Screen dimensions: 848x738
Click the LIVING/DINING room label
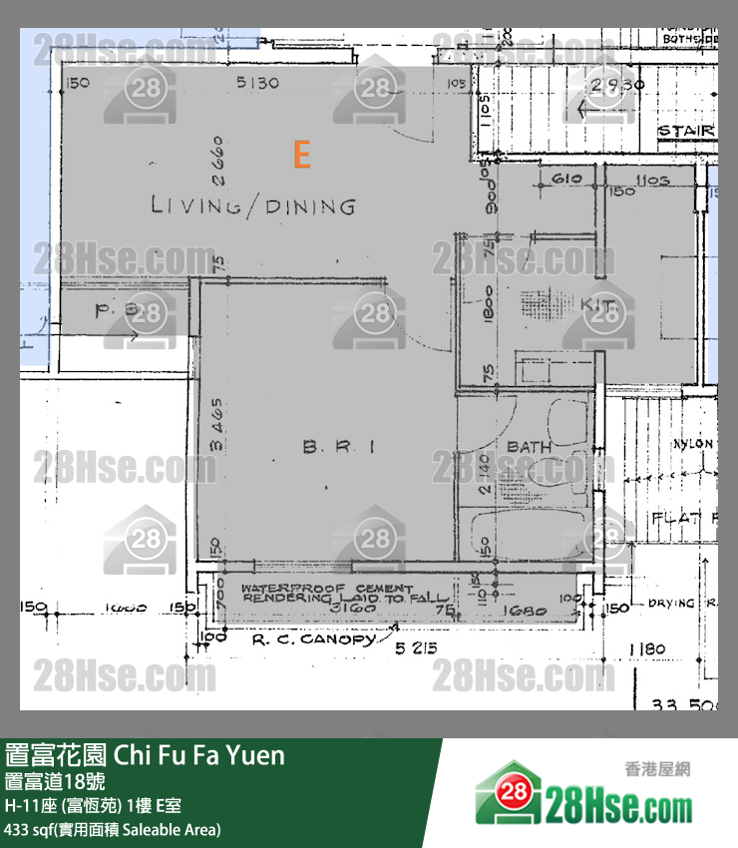point(252,207)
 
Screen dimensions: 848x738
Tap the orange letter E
point(301,155)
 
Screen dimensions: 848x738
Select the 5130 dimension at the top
point(256,83)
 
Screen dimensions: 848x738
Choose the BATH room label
point(529,446)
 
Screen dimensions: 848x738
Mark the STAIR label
point(687,131)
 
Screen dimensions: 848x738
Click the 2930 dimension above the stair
point(616,85)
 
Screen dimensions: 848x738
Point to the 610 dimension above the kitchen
point(565,180)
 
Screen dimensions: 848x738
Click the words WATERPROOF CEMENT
point(326,590)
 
